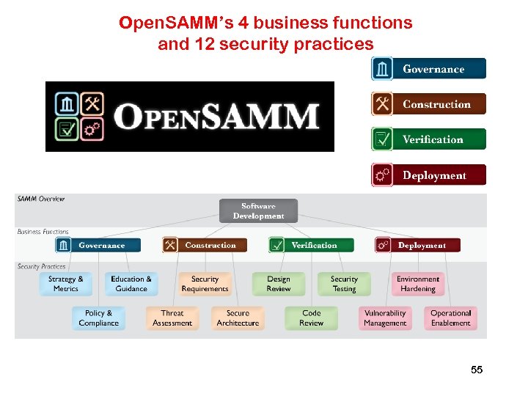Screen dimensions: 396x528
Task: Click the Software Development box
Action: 258,211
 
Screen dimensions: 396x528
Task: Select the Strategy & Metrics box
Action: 66,284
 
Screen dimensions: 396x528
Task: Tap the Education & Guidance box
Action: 131,284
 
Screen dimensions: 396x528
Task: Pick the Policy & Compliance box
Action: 98,318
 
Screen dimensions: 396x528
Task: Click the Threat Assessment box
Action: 172,318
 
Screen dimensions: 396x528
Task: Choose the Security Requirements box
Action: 205,284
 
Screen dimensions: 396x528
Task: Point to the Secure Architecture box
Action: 238,318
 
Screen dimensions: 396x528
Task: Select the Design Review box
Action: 279,284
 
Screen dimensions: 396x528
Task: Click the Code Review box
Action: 312,318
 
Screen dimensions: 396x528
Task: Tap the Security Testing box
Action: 344,284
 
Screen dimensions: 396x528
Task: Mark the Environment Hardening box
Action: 418,284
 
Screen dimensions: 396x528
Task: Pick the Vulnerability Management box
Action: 385,318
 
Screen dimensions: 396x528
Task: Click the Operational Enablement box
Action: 450,318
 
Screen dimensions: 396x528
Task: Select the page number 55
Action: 477,370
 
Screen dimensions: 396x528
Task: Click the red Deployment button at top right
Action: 429,175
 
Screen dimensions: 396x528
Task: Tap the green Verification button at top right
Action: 429,139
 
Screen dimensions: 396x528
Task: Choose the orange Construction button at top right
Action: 429,104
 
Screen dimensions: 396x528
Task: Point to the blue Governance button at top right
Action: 429,69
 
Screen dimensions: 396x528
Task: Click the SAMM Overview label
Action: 41,199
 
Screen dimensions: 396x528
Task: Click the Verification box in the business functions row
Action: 312,245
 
